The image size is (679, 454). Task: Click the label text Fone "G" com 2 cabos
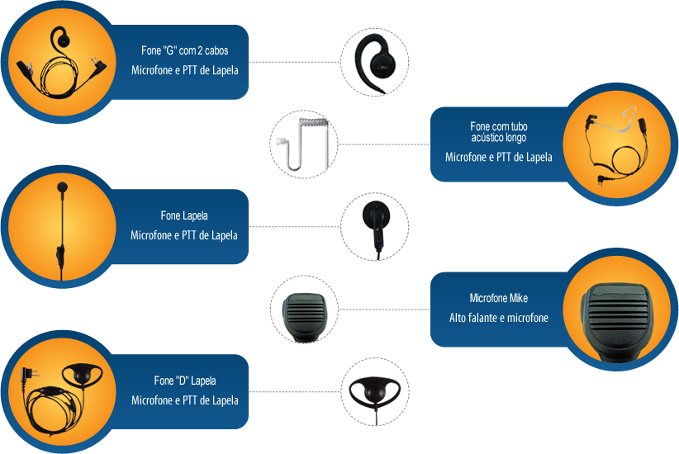[184, 51]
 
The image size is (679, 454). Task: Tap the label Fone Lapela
[183, 216]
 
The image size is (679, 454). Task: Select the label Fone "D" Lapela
[184, 381]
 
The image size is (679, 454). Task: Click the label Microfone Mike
[498, 298]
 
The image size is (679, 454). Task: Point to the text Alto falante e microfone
[498, 318]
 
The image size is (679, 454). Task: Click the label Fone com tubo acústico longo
[498, 132]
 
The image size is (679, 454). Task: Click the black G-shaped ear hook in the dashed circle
[375, 62]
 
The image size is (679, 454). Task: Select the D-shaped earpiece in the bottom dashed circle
[375, 391]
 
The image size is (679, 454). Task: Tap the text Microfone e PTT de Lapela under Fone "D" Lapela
[184, 401]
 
